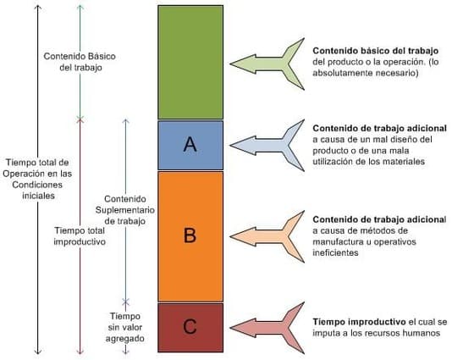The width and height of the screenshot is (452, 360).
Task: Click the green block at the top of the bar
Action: tap(190, 62)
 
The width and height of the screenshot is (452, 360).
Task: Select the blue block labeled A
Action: tap(190, 145)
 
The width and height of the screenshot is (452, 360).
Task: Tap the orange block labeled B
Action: tap(190, 236)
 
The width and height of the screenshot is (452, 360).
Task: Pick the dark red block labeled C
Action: tap(190, 328)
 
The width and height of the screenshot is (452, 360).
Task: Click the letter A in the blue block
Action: tap(190, 144)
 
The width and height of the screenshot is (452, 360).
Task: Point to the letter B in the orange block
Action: tap(190, 235)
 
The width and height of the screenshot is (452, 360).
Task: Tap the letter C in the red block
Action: tap(190, 326)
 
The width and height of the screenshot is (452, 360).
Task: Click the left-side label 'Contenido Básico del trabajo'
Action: tap(80, 62)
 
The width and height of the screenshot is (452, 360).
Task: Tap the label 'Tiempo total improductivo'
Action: tap(80, 236)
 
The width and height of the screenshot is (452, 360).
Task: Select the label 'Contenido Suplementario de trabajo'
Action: tap(125, 210)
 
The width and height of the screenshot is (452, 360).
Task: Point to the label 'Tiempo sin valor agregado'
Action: tap(125, 328)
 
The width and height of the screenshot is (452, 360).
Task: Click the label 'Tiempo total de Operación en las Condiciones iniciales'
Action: tap(37, 179)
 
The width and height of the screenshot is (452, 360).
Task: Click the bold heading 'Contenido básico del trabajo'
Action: tap(376, 51)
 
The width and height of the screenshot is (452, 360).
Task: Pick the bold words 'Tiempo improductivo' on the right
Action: tap(359, 322)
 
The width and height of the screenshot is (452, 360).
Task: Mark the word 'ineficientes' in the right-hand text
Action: tap(335, 252)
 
